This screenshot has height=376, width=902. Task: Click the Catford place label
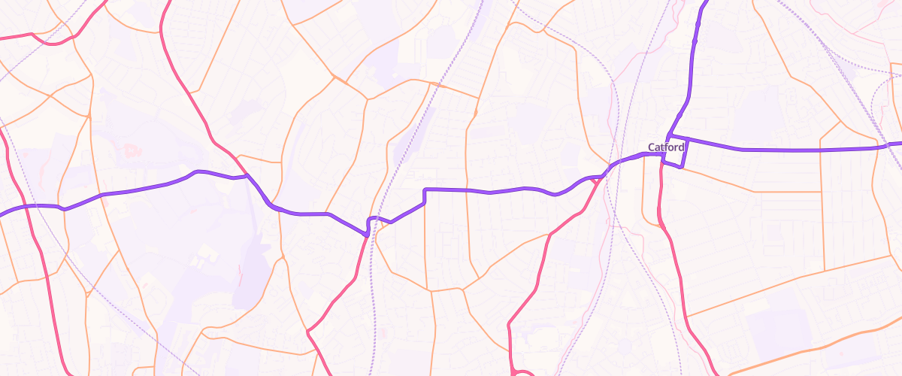point(666,147)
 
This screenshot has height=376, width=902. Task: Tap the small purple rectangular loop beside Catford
point(674,154)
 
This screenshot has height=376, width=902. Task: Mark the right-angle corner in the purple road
point(425,190)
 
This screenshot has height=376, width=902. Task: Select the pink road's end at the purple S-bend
point(366,235)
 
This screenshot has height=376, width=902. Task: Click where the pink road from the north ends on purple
point(247,177)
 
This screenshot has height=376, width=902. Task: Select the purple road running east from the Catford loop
point(789,150)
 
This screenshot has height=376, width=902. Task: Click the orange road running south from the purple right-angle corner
point(426,241)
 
